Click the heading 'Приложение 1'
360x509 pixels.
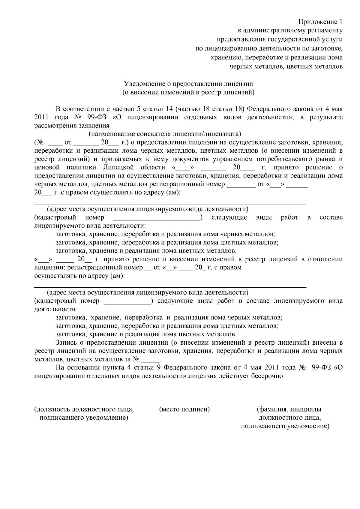coord(320,22)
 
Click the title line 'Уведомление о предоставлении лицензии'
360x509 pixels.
coord(189,84)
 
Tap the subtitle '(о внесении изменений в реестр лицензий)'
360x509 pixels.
coord(189,92)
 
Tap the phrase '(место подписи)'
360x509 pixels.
coord(184,409)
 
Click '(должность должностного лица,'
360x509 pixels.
coord(84,409)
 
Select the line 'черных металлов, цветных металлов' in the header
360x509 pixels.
coord(286,66)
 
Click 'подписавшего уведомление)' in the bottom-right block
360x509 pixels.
coord(285,426)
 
